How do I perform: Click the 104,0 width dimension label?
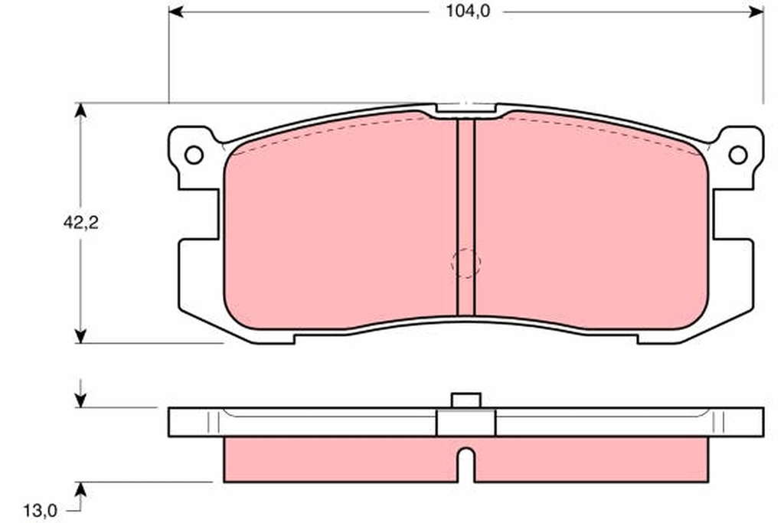point(468,11)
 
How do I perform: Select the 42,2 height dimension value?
point(81,223)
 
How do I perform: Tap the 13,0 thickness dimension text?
point(40,511)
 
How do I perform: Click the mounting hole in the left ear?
point(194,155)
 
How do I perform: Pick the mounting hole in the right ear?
point(738,155)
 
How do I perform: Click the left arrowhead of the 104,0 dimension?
point(176,12)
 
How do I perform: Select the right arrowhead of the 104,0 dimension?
point(756,12)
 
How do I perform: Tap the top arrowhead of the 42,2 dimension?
point(80,110)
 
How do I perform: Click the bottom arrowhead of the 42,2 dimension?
point(80,335)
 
